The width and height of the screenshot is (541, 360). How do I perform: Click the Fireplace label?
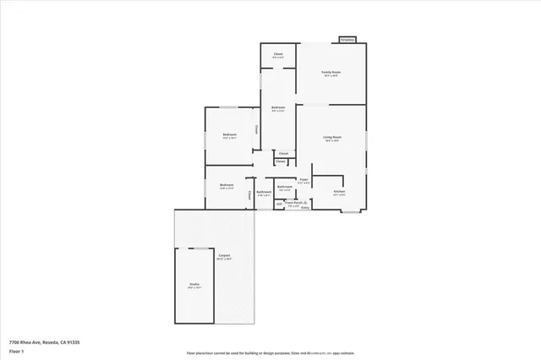click(x=347, y=40)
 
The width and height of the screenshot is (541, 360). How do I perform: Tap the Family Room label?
click(x=331, y=73)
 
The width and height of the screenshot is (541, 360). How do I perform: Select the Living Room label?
click(x=331, y=137)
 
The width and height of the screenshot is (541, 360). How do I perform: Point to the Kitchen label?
click(x=339, y=192)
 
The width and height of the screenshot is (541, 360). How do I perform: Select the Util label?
click(x=278, y=203)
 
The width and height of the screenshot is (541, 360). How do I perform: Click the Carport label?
click(x=224, y=255)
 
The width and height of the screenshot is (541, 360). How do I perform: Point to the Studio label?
click(x=194, y=284)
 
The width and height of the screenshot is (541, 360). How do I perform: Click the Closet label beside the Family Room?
click(x=277, y=54)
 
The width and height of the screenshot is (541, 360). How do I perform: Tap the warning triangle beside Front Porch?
click(x=305, y=203)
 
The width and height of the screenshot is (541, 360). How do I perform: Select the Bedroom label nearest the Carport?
click(x=226, y=185)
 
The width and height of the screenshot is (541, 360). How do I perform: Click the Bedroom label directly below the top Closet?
click(x=277, y=107)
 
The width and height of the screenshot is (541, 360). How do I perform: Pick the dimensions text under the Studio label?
click(x=194, y=288)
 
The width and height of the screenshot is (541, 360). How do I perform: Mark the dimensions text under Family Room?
click(x=331, y=77)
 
